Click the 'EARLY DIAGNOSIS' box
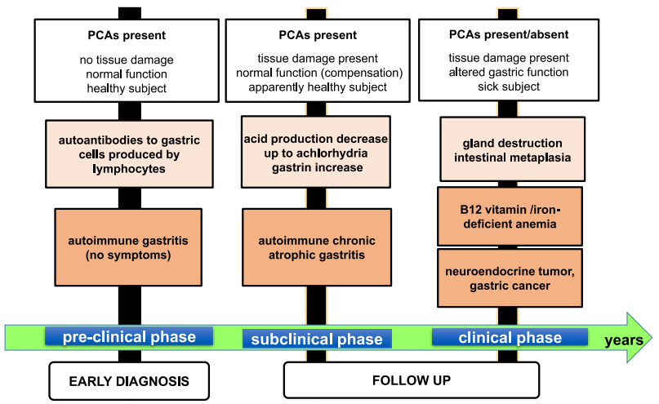pyautogui.click(x=128, y=380)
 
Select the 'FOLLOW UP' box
pyautogui.click(x=411, y=380)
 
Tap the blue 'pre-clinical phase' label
pyautogui.click(x=130, y=337)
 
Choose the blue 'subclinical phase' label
pyautogui.click(x=316, y=339)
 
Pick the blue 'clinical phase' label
pyautogui.click(x=510, y=338)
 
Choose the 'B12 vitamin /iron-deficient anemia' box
pyautogui.click(x=510, y=216)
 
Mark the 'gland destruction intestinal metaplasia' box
pyautogui.click(x=512, y=149)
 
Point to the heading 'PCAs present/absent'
pyautogui.click(x=510, y=35)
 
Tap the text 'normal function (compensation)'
pyautogui.click(x=318, y=73)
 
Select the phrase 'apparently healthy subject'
pyautogui.click(x=318, y=87)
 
